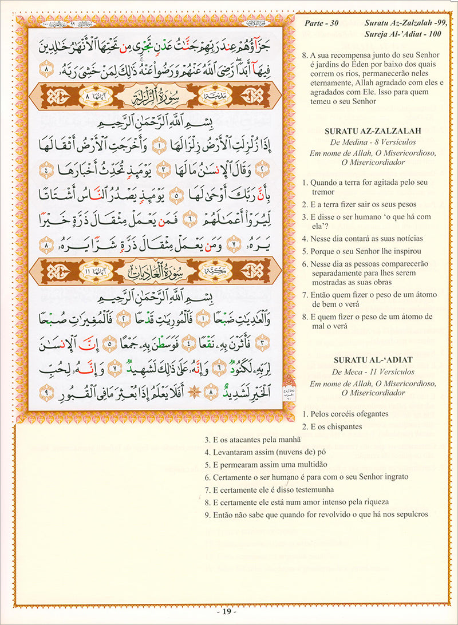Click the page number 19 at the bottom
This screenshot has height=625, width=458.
229,611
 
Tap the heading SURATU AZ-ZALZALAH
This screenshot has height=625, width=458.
372,130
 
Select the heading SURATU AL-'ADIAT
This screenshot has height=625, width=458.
372,359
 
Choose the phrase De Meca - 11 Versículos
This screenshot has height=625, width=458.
372,372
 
